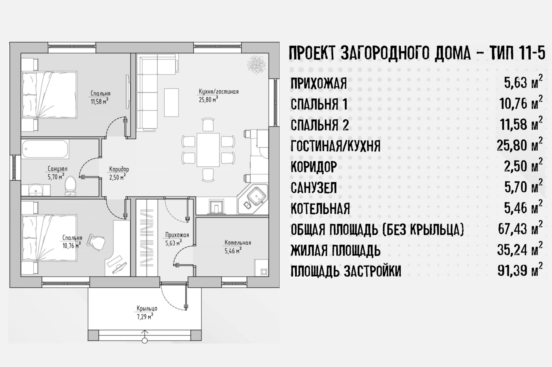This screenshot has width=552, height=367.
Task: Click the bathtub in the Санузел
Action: coord(45,149)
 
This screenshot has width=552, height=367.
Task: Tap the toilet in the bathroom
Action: coord(70,186)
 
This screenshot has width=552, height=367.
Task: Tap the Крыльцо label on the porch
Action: coord(147,308)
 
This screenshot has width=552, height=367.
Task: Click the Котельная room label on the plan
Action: coord(238,243)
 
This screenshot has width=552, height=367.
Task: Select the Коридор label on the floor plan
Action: coord(119,169)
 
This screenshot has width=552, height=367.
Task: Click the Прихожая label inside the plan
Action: coord(177,235)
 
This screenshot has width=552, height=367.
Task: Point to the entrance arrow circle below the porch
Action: coord(145,340)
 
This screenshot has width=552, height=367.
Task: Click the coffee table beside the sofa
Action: coord(171,102)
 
